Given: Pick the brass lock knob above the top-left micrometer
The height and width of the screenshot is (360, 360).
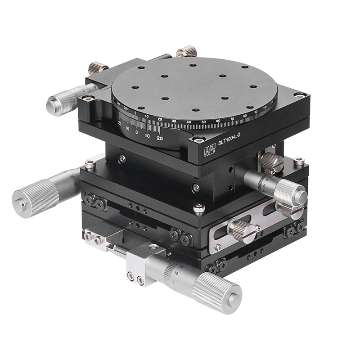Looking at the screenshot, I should point(97,68).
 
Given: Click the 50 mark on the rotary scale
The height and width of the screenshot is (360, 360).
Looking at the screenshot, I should point(203,121).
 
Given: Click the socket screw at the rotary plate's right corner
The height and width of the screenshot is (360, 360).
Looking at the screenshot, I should point(297,95).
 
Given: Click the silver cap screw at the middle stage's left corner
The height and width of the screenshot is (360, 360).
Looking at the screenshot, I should point(90,165).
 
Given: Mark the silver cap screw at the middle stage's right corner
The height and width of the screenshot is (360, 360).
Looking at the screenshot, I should point(299,160).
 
